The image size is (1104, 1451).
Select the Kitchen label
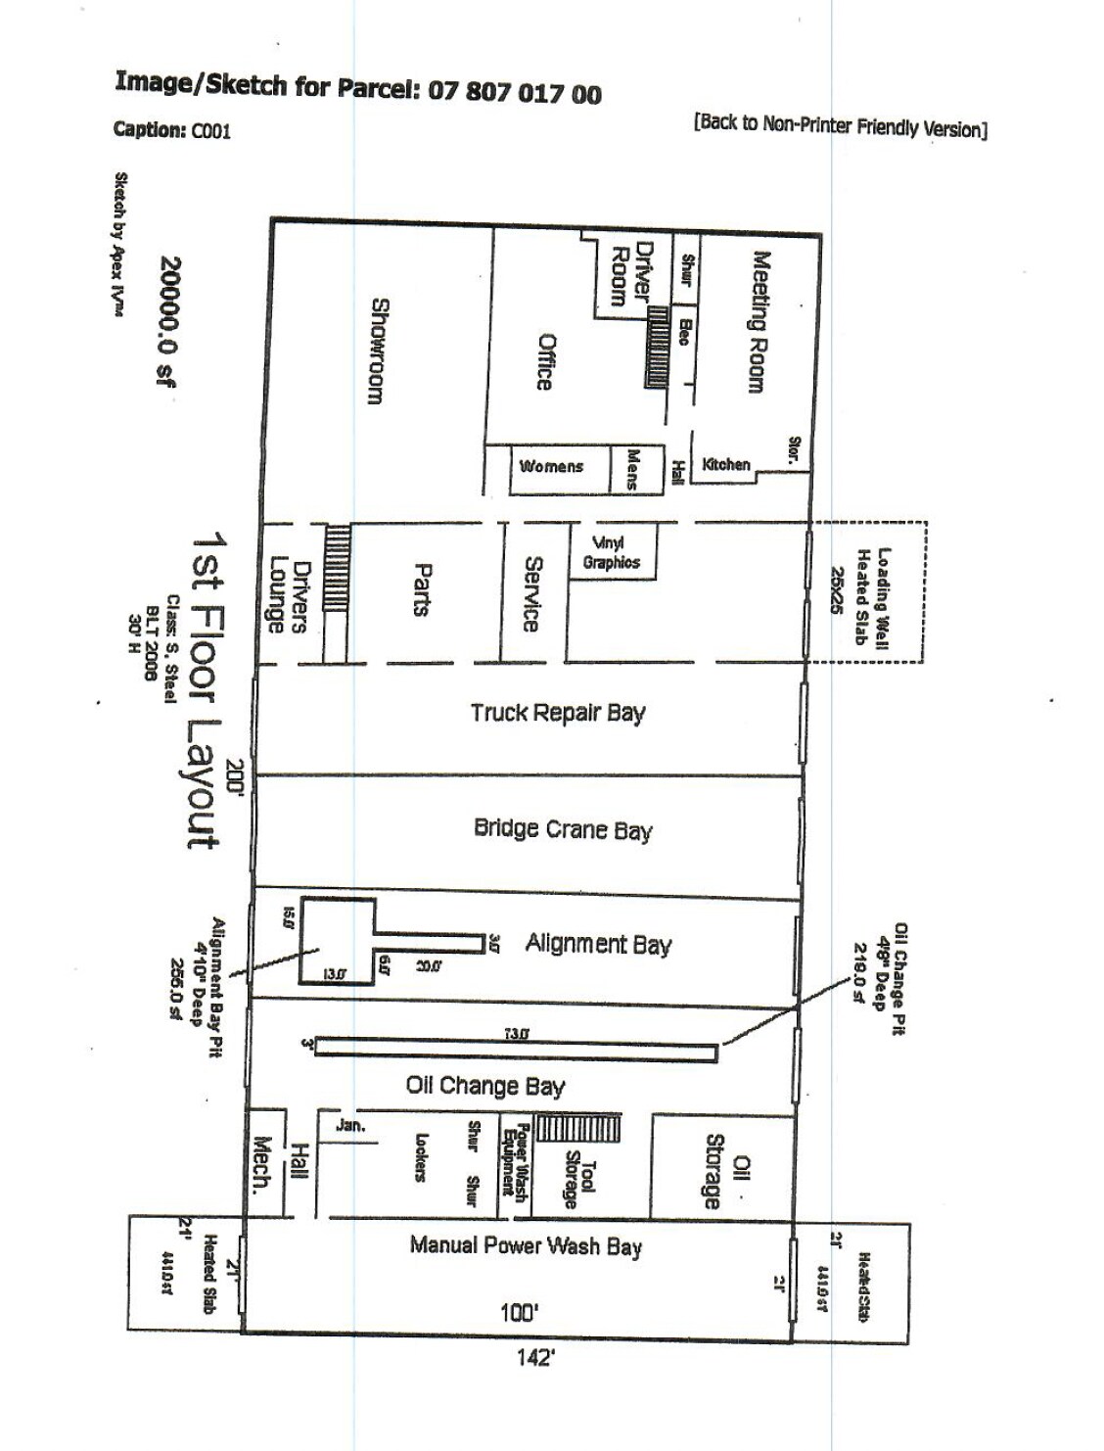click(726, 464)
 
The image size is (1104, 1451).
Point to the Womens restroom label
click(551, 466)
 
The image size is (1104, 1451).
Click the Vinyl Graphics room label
click(612, 553)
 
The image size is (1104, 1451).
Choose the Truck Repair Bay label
click(558, 712)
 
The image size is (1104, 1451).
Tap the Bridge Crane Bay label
click(563, 828)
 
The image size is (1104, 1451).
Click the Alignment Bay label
click(598, 944)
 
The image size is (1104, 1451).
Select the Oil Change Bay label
click(485, 1085)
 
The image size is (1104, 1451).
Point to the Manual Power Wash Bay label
click(526, 1245)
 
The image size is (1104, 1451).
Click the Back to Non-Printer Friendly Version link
click(840, 125)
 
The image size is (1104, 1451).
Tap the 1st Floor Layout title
click(207, 690)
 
